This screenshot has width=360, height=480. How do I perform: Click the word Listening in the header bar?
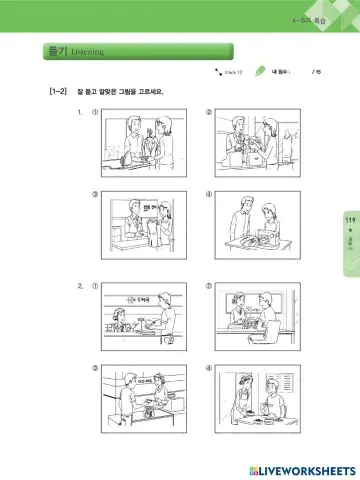point(87,51)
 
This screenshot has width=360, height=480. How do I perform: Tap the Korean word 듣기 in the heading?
point(56,50)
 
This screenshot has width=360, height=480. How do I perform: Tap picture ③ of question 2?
point(145,396)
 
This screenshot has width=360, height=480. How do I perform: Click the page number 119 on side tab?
point(349,220)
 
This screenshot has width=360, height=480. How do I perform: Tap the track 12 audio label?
point(228,73)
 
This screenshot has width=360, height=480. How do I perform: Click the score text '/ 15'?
point(317,73)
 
